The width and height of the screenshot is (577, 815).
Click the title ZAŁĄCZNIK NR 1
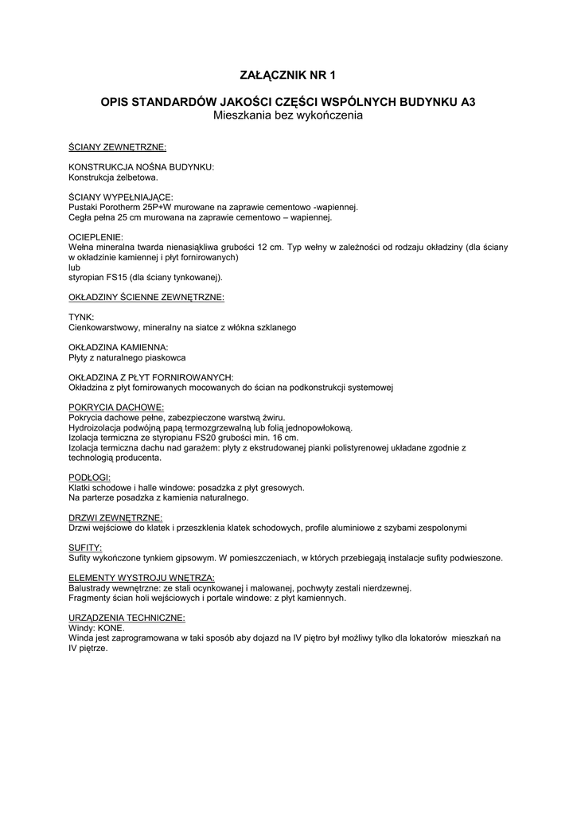[288, 76]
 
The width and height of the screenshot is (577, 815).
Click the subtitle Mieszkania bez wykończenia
[288, 115]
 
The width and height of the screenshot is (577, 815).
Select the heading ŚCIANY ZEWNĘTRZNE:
[118, 148]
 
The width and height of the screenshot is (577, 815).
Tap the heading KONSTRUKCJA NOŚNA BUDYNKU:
[142, 167]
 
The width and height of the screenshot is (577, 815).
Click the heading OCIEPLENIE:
[96, 237]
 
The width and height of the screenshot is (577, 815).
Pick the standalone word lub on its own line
[75, 268]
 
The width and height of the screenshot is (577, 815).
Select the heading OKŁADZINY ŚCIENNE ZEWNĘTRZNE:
[146, 298]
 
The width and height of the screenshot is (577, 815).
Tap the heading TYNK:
[81, 317]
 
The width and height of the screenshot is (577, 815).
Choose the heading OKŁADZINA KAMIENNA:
[119, 348]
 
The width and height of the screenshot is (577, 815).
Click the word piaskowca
[165, 358]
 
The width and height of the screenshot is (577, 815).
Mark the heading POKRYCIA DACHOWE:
[116, 407]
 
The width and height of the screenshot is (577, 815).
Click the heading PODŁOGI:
[90, 477]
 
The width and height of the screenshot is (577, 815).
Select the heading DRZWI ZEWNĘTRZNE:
[116, 517]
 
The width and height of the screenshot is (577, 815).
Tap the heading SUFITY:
[85, 548]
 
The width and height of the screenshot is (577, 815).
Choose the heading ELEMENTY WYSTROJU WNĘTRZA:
[142, 578]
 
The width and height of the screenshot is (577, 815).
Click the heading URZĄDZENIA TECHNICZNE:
[127, 618]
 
